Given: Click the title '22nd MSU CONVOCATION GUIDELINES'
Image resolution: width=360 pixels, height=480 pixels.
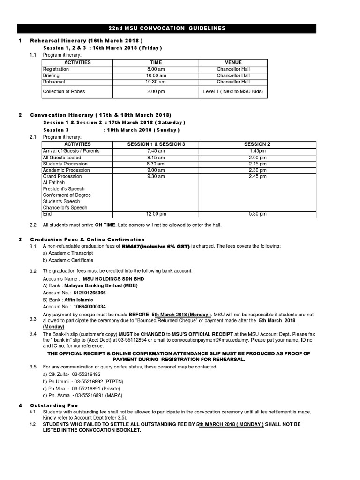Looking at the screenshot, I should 180,28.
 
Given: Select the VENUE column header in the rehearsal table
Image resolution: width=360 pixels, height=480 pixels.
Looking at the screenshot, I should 233,62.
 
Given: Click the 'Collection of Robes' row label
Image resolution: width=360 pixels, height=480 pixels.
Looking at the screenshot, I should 64,91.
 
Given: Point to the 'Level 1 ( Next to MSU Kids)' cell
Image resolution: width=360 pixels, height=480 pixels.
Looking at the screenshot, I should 233,91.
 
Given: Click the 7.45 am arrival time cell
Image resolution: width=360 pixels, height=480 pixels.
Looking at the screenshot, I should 157,151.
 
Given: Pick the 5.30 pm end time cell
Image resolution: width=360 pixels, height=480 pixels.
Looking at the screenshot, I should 257,214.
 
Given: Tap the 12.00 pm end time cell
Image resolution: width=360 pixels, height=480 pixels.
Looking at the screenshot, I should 157,214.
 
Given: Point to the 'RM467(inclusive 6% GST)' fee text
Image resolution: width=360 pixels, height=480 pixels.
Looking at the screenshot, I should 156,247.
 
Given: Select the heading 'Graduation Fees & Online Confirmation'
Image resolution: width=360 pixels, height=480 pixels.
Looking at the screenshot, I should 88,240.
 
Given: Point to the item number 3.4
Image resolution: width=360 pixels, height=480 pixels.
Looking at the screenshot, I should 33,333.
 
